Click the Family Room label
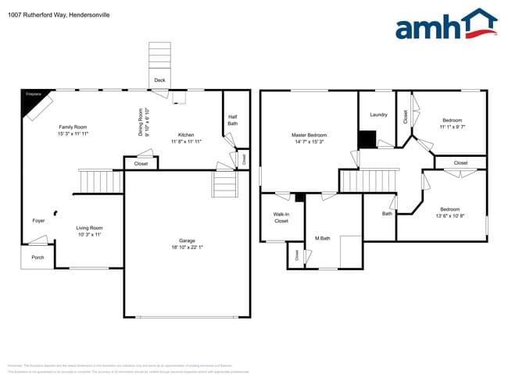(x=73, y=127)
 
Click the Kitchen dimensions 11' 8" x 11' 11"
(x=186, y=142)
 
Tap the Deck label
(x=159, y=80)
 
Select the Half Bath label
(x=232, y=120)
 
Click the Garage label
(x=186, y=240)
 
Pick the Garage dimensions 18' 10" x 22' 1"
(x=186, y=247)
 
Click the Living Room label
(x=89, y=228)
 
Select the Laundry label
(x=378, y=115)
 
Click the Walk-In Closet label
(x=281, y=217)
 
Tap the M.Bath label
(x=321, y=238)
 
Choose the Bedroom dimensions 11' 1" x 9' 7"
(x=452, y=126)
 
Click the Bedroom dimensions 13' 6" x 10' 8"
(x=449, y=215)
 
